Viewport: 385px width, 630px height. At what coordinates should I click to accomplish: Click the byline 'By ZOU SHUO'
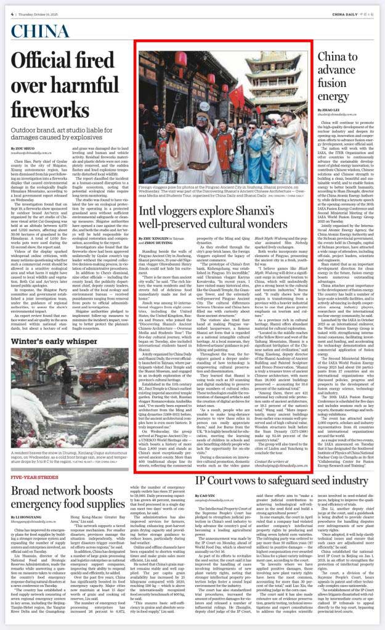[x=23, y=149]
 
